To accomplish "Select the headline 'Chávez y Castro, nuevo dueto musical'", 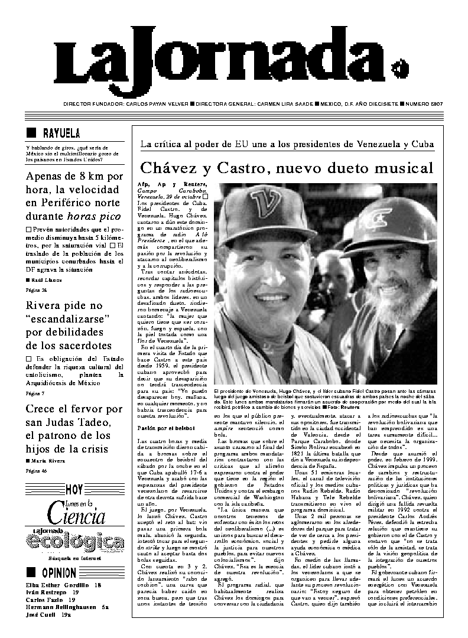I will coord(287,167).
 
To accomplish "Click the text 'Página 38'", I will coord(36,290).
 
